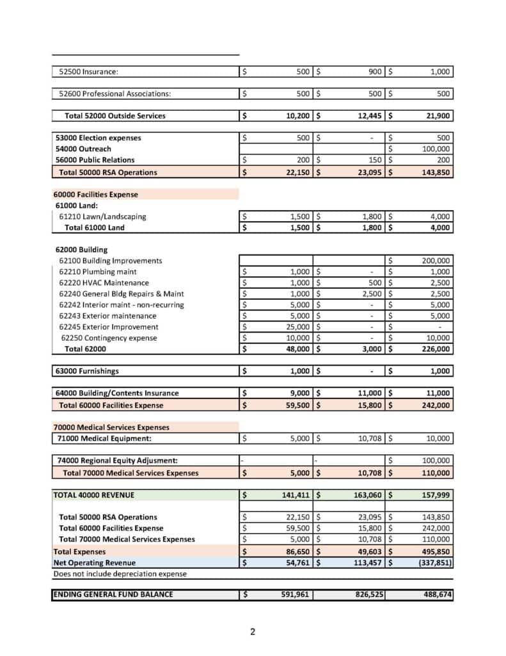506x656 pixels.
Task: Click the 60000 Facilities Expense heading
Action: [96, 194]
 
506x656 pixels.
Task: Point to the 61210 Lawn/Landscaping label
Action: [102, 217]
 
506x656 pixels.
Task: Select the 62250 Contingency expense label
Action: [109, 338]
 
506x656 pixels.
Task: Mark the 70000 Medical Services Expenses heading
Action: [111, 427]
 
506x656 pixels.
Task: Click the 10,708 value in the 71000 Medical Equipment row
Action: [368, 439]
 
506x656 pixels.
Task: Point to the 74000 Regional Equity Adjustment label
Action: [117, 461]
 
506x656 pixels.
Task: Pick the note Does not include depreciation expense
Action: [120, 573]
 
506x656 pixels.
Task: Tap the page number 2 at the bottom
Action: [253, 632]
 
